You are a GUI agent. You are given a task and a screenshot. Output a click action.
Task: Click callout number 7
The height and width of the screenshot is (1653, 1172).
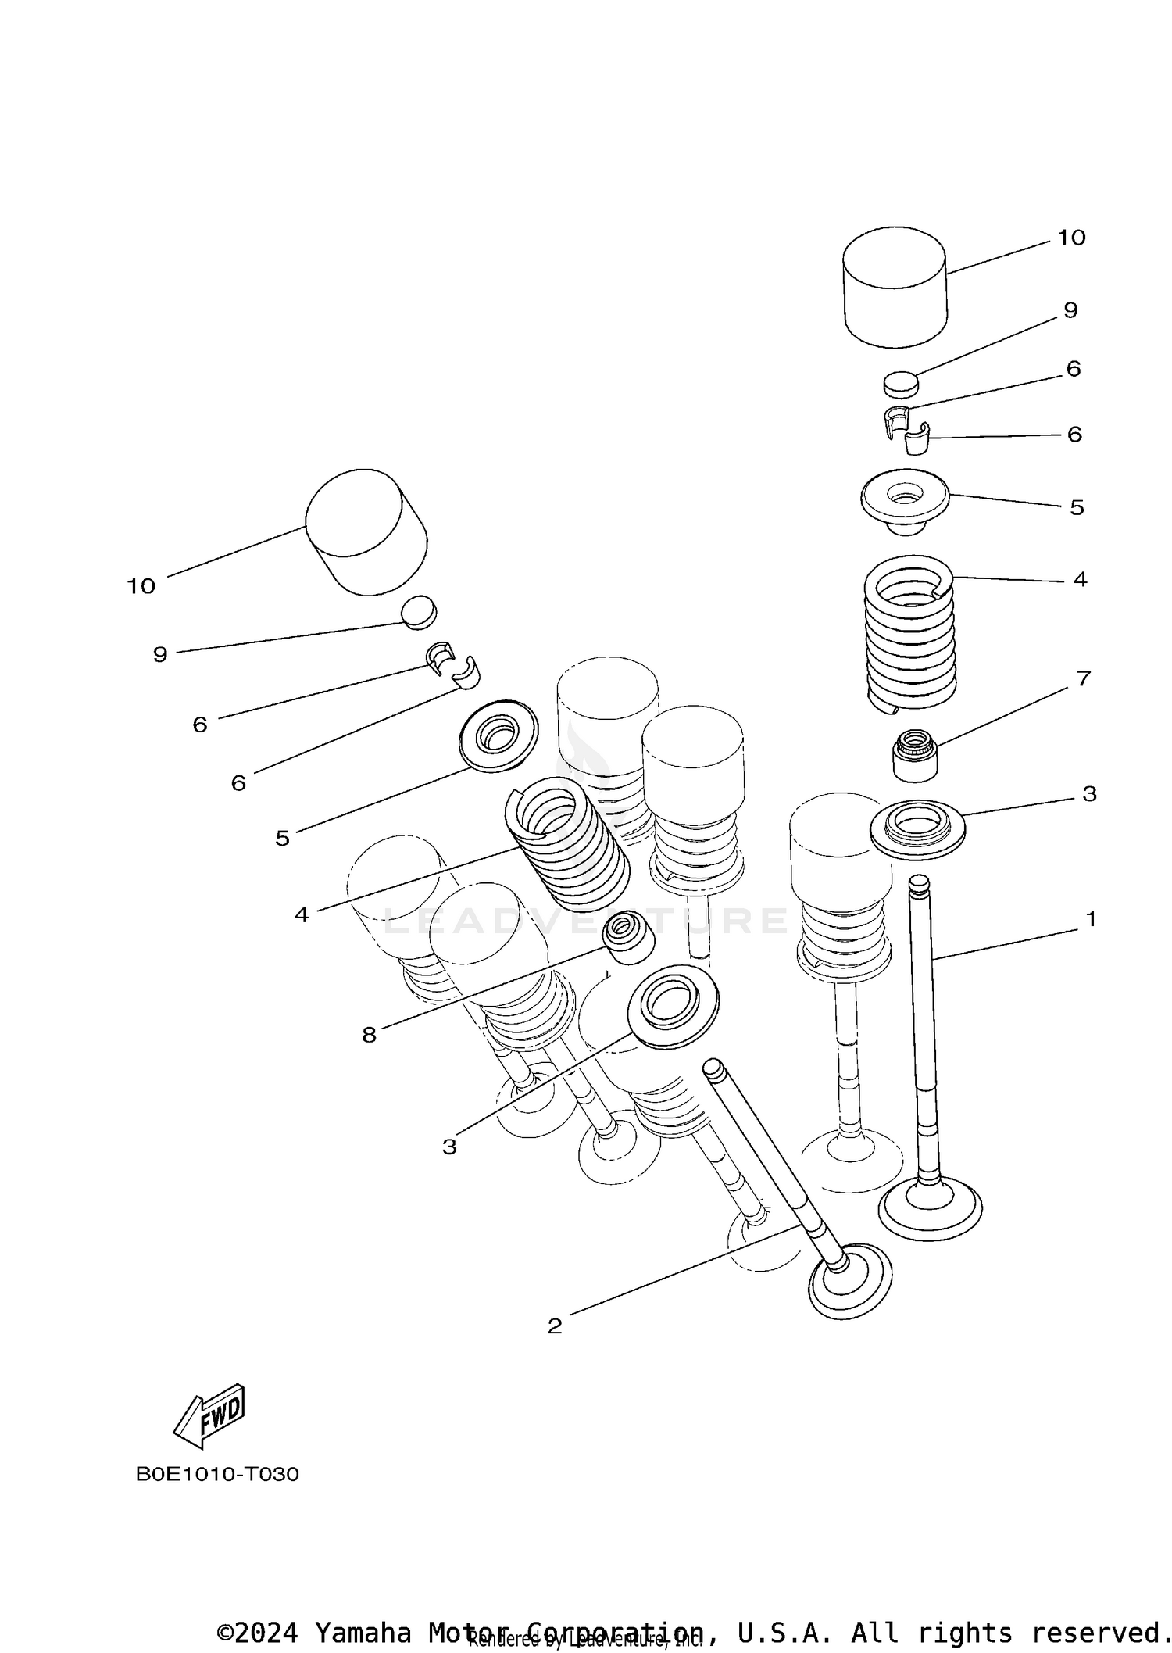coord(1083,678)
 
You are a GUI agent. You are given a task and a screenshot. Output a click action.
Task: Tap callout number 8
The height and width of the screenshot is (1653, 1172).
coord(369,1036)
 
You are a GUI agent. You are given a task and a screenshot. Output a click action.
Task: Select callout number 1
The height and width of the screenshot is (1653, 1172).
coord(1091,919)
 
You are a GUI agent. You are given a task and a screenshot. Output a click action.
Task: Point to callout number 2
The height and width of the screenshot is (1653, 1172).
coord(555,1326)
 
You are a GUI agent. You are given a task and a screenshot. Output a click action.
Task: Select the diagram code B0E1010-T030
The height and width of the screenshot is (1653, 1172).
coord(217,1475)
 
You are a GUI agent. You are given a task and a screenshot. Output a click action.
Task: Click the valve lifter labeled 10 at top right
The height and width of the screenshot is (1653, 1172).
coord(895,288)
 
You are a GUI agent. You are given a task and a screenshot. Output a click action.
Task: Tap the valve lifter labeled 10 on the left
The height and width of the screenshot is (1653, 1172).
coord(366,533)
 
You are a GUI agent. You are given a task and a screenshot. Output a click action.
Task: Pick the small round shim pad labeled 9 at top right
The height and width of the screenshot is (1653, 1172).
coord(901,384)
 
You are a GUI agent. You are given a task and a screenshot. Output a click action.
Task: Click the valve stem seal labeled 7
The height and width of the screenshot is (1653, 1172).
coord(916,755)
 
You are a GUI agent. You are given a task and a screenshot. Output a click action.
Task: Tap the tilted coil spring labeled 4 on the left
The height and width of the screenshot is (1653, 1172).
coord(568,846)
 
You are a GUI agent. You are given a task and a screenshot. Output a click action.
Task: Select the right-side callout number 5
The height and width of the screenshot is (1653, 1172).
coord(1077,508)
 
